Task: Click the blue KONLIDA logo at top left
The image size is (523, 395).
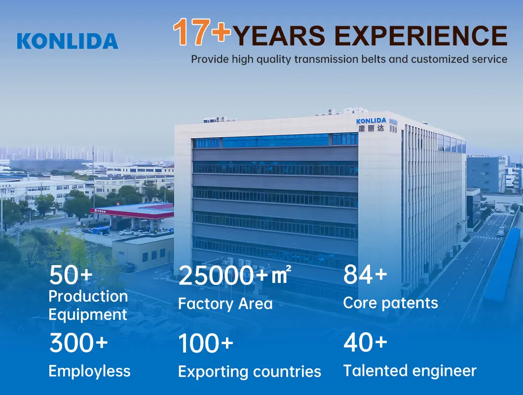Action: point(68,41)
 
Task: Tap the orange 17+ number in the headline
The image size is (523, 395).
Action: point(202,32)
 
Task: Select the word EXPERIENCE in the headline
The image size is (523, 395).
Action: point(420,36)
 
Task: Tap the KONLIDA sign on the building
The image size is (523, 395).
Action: point(371,120)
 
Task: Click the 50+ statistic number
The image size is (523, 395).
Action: point(71,275)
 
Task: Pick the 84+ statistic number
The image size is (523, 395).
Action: point(365,275)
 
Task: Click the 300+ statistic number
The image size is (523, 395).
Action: point(79,343)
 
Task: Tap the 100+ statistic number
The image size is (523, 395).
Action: point(205,343)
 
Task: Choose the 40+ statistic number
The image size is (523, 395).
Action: point(365,343)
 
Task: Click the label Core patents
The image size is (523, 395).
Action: point(391,303)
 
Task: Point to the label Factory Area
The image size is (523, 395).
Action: point(225,304)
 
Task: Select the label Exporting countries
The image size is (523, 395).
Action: point(250,372)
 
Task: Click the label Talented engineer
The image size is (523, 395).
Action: point(410,371)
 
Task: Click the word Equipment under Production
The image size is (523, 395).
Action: point(88,315)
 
